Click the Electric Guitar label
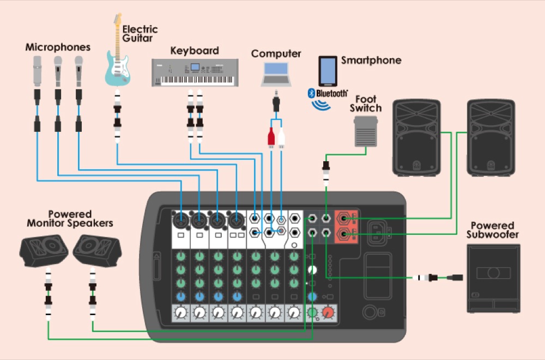140,33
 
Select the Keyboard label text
195,51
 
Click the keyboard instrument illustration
195,72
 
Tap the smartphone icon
328,71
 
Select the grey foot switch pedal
369,132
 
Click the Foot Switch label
368,103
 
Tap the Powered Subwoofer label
493,230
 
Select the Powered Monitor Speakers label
70,218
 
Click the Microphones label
58,48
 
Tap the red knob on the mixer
328,313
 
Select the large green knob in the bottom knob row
312,313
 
